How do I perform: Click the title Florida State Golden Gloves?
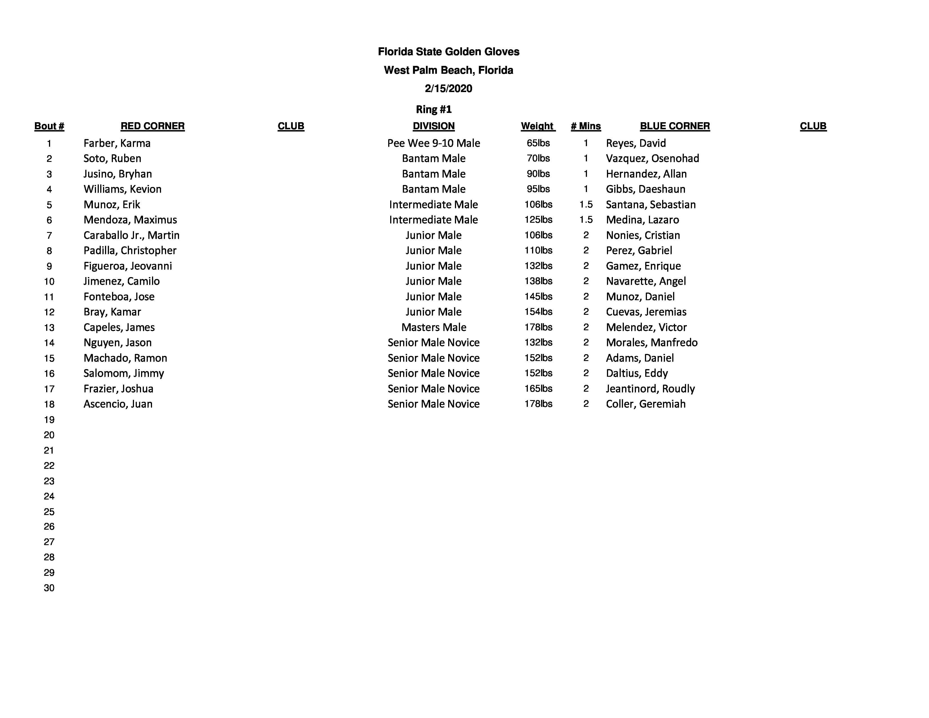(x=448, y=52)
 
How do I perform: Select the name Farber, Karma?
(x=117, y=143)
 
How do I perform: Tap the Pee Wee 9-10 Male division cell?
(x=434, y=143)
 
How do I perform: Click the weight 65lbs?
(x=538, y=143)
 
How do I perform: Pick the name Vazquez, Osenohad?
(x=652, y=159)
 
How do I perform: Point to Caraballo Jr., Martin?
(x=131, y=235)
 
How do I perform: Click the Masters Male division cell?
(x=434, y=327)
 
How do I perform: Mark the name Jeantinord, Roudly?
(x=650, y=389)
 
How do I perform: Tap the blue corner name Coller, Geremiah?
(x=645, y=404)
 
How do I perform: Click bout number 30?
(x=49, y=588)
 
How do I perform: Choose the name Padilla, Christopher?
(x=130, y=251)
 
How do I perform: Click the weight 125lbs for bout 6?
(x=538, y=220)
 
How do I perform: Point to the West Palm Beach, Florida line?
(x=448, y=70)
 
